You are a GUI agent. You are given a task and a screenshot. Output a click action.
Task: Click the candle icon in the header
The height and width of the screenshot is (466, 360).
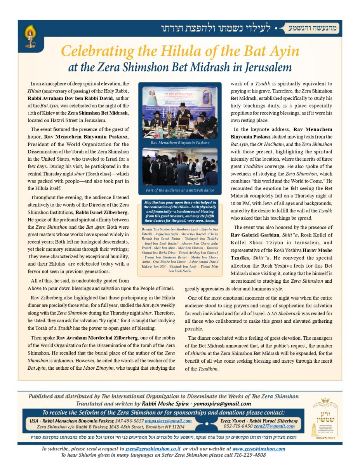(30, 35)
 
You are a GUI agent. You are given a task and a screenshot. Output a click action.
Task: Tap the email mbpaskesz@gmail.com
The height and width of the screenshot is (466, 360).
(168, 421)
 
